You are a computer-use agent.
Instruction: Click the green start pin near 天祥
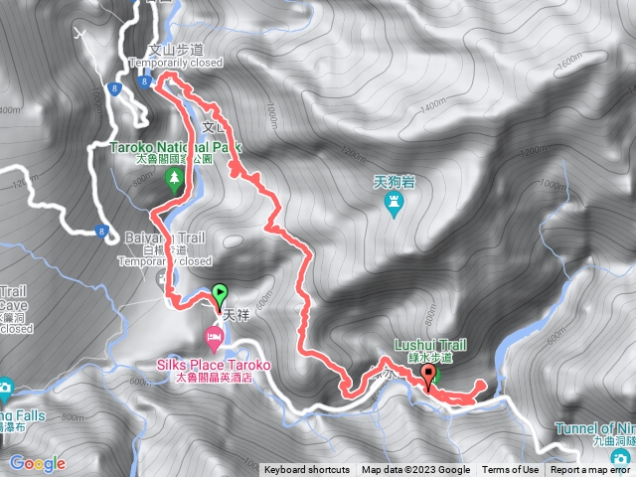pyautogui.click(x=220, y=294)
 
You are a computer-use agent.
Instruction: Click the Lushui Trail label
pyautogui.click(x=429, y=343)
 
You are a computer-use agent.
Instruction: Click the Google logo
pyautogui.click(x=38, y=463)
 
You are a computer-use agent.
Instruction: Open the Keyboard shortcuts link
pyautogui.click(x=306, y=470)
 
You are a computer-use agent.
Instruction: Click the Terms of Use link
pyautogui.click(x=510, y=470)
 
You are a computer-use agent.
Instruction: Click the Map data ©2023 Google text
pyautogui.click(x=415, y=470)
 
